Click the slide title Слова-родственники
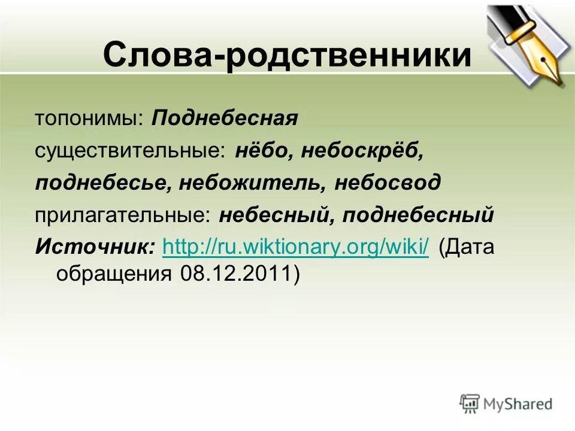pyautogui.click(x=286, y=56)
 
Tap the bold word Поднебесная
pyautogui.click(x=225, y=118)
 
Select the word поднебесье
pyautogui.click(x=102, y=183)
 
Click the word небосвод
pyautogui.click(x=388, y=183)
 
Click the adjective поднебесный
pyautogui.click(x=418, y=215)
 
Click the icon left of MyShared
pyautogui.click(x=470, y=403)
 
